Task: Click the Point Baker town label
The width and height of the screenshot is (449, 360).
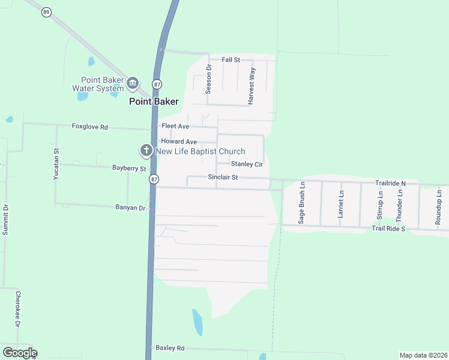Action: tap(154, 101)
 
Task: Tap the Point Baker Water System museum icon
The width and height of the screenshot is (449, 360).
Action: tap(133, 82)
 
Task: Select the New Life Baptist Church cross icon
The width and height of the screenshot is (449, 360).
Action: tap(146, 150)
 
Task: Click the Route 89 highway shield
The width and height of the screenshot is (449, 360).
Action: tap(46, 11)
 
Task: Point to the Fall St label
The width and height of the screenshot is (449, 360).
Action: tap(231, 60)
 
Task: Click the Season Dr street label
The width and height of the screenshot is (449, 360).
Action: tap(209, 79)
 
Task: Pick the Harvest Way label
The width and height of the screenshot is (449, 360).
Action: tap(252, 86)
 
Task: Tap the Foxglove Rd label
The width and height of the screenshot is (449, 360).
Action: tap(89, 127)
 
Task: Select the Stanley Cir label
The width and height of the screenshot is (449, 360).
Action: tap(247, 164)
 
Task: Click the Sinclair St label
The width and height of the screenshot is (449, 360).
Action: tap(223, 178)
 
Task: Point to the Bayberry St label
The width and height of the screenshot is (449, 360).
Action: tap(129, 169)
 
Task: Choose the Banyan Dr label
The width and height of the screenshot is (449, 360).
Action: tap(130, 208)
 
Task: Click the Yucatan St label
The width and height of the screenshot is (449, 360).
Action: tap(56, 164)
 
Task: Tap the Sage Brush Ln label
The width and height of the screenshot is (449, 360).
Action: tap(302, 204)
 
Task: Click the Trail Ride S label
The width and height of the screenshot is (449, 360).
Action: tap(388, 229)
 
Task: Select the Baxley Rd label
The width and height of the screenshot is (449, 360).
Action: tap(170, 347)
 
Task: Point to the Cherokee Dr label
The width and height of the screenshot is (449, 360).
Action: tap(18, 309)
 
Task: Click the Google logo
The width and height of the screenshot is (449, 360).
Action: tap(20, 353)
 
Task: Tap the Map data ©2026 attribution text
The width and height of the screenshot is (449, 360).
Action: tap(423, 355)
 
